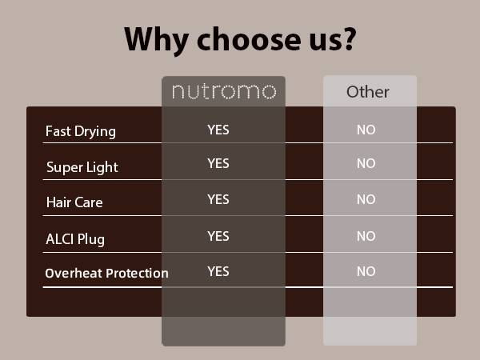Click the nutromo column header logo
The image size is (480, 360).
click(224, 92)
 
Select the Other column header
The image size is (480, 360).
click(369, 92)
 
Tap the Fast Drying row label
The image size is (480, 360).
click(80, 131)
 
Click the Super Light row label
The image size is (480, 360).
click(82, 167)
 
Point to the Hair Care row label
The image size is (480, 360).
click(74, 202)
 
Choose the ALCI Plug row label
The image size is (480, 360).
click(75, 238)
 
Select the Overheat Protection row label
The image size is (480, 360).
click(106, 273)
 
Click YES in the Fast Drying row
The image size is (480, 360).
click(218, 130)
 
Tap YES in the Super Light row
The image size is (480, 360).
click(218, 163)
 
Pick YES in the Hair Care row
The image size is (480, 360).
click(218, 198)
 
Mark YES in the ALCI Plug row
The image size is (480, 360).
click(218, 236)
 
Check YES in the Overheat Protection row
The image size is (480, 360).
click(218, 271)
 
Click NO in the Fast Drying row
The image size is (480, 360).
click(366, 130)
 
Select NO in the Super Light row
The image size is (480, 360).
click(366, 163)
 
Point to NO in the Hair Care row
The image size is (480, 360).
click(366, 199)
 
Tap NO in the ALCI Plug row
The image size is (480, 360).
click(366, 236)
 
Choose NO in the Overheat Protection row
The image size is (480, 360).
click(366, 271)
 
